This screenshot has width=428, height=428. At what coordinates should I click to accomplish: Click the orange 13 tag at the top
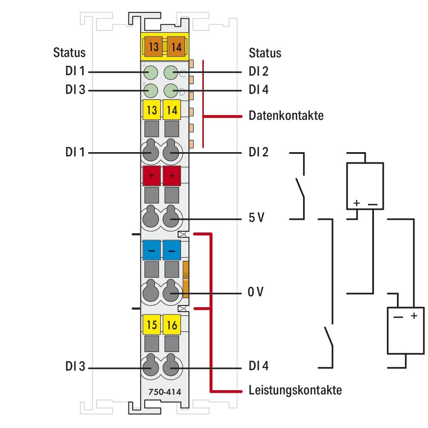coord(154,46)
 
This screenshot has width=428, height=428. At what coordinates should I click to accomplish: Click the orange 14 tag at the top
coord(176,46)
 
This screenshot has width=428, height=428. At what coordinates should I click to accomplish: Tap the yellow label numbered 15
coord(151,325)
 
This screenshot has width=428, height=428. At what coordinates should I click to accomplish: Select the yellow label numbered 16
coord(172,325)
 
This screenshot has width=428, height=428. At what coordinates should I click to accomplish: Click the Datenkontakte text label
coord(286,116)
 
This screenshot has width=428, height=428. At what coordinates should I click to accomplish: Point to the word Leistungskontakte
coord(295,390)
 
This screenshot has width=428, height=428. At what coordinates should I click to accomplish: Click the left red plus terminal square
coord(151,176)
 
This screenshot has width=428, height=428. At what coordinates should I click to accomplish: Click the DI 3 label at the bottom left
coord(75,367)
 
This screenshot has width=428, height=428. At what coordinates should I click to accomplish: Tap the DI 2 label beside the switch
coord(258,152)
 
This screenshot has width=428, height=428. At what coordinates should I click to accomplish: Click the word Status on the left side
coord(69,53)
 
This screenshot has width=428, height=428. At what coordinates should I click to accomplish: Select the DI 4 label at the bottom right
coord(258,366)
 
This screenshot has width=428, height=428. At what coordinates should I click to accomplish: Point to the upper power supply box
coord(365,185)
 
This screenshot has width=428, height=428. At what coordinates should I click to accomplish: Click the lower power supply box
coord(405,330)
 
